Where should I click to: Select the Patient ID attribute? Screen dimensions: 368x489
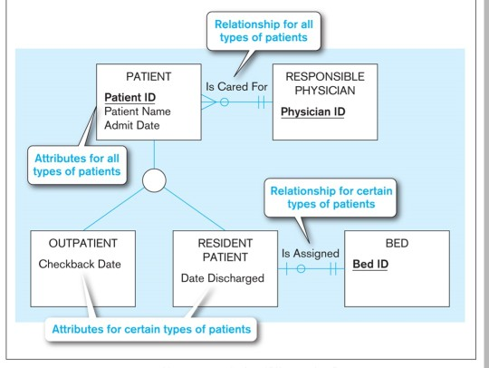pyautogui.click(x=130, y=98)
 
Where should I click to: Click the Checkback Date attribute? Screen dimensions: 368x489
pyautogui.click(x=80, y=264)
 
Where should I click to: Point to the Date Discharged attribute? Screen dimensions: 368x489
pyautogui.click(x=223, y=277)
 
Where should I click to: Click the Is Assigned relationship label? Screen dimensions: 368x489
pyautogui.click(x=310, y=254)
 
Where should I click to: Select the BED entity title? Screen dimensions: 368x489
pyautogui.click(x=397, y=244)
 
